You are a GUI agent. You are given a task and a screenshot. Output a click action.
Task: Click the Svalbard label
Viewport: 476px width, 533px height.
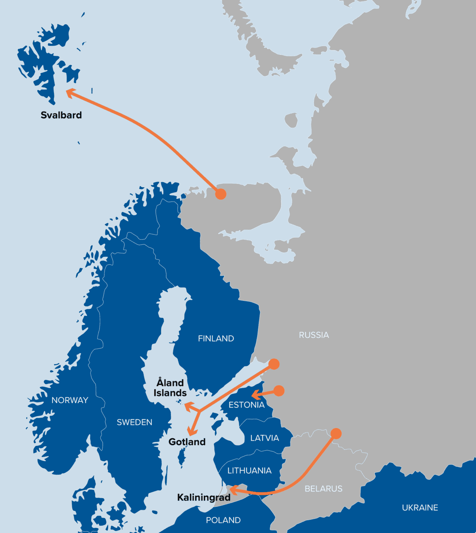61,115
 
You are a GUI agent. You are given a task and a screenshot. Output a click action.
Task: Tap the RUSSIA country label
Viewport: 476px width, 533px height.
314,335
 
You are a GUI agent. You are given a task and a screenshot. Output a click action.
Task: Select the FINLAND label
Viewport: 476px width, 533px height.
216,339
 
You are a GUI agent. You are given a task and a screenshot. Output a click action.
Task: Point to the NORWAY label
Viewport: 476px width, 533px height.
70,400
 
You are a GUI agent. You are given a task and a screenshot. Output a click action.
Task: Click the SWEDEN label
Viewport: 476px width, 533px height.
134,423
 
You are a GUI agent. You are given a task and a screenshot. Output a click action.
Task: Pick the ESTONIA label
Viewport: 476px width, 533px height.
246,405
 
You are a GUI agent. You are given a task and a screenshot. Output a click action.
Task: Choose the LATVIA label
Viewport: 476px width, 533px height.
265,438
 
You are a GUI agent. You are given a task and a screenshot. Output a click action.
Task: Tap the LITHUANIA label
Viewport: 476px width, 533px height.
249,471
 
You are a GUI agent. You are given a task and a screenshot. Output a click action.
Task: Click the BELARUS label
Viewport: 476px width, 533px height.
323,489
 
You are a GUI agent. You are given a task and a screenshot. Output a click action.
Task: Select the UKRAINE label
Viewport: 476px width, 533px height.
420,508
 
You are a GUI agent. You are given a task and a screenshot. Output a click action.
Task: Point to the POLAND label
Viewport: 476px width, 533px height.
223,520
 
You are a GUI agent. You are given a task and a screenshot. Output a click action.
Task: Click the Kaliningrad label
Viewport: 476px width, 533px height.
203,497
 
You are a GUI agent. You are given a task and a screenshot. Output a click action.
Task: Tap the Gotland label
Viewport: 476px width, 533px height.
187,442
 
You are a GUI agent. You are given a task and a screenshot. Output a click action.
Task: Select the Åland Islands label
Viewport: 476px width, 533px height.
170,388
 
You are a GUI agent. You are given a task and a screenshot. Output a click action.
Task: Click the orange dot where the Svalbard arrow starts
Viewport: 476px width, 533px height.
221,194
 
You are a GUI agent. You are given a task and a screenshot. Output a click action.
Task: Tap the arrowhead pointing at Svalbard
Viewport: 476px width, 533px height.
69,92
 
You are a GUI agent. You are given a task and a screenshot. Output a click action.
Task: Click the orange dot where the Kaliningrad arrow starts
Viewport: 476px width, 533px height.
336,434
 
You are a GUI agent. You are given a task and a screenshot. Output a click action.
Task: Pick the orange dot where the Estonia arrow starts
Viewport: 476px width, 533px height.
279,391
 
